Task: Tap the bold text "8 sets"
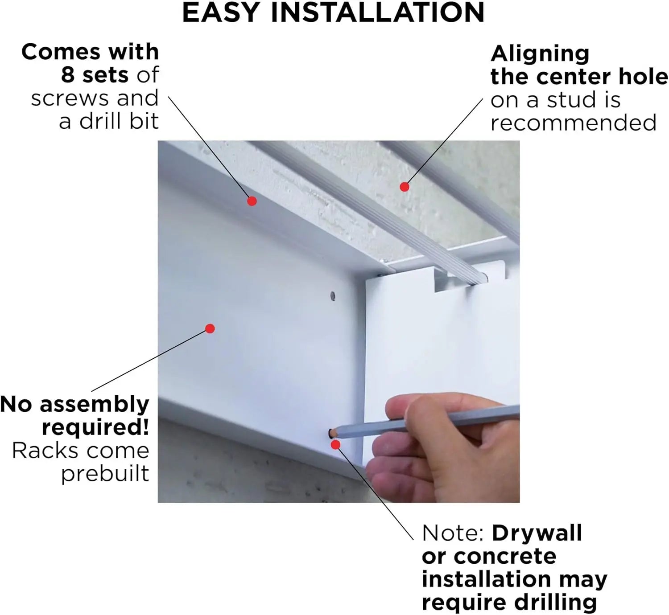(94, 74)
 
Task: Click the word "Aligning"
(540, 54)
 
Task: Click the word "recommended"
(574, 123)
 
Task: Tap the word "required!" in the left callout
(95, 427)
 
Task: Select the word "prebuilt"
(105, 473)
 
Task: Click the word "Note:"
(453, 533)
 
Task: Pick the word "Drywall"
(537, 533)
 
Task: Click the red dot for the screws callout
(252, 201)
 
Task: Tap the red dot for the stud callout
(404, 187)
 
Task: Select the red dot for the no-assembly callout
(210, 328)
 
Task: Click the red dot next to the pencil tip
(335, 444)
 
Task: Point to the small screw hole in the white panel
(332, 295)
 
